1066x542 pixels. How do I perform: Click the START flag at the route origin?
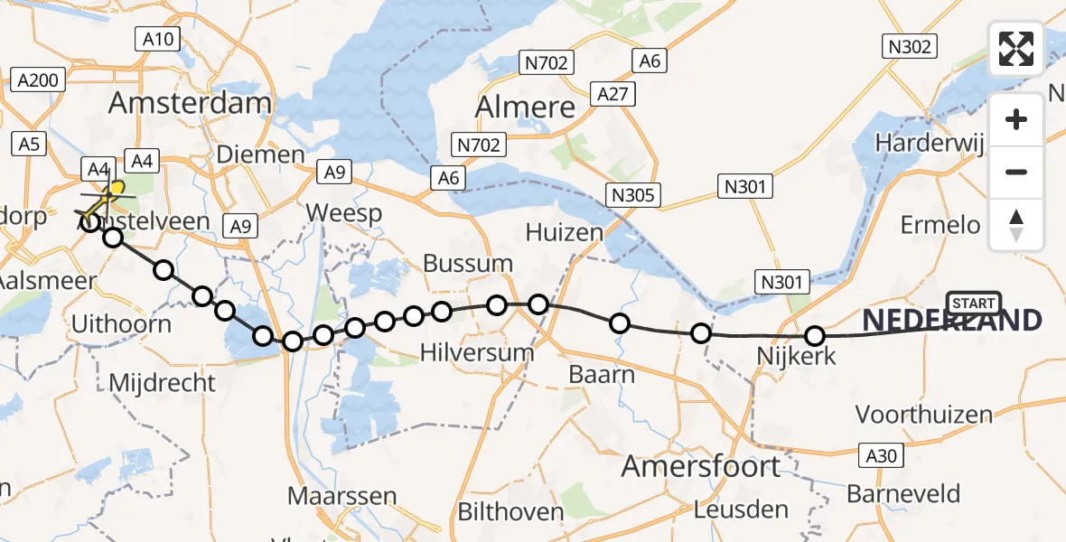pos(974,304)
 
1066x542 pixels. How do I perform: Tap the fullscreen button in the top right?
pos(1016,49)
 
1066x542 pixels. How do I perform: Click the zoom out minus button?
pos(1016,172)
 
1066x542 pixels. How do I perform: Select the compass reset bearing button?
pos(1016,225)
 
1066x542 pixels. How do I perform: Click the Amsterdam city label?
pos(190,102)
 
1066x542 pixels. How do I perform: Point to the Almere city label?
pos(525,107)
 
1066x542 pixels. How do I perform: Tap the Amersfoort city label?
pos(701,466)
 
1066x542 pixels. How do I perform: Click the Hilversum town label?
pos(479,351)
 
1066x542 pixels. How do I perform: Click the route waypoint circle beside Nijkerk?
pos(815,336)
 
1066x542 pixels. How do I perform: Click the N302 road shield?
pos(911,47)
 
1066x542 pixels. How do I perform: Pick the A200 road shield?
pos(38,80)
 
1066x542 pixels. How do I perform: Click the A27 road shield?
pos(613,93)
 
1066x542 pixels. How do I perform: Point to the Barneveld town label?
pos(903,494)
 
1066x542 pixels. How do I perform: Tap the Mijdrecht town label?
pos(163,382)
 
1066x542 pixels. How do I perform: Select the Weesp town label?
pos(343,214)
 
